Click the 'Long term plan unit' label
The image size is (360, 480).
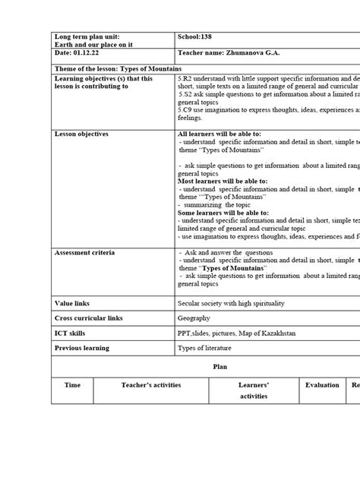87,36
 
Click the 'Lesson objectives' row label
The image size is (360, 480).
81,134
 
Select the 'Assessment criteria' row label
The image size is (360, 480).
84,252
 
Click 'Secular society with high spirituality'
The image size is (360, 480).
231,303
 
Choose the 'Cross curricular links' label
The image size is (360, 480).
87,318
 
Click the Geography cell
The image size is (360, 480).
194,318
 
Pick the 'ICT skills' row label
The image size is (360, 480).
71,333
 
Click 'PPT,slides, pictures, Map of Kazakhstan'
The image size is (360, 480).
236,333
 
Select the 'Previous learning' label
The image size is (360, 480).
81,348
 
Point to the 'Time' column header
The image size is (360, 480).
72,385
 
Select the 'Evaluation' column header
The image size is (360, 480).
322,385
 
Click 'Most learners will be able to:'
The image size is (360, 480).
222,181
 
